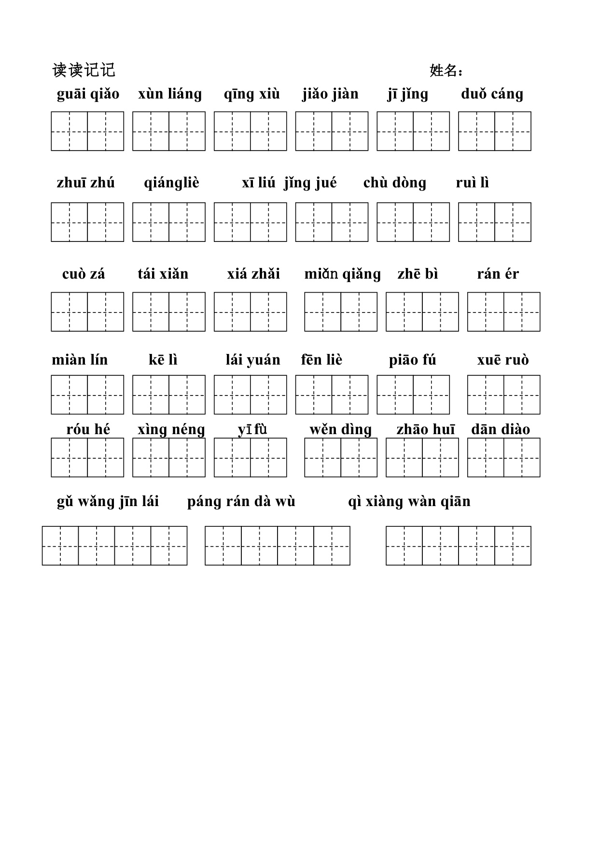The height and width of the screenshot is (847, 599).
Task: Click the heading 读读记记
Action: pos(84,71)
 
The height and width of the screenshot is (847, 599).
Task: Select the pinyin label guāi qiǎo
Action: pos(88,94)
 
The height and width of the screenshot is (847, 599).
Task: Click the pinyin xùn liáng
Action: pos(170,94)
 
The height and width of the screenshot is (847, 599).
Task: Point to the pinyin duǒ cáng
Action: pos(492,94)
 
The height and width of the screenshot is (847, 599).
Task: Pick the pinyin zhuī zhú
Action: pos(85,183)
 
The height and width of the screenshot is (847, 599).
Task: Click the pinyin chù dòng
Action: pos(395,183)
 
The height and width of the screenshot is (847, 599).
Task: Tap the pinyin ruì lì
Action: pos(472,183)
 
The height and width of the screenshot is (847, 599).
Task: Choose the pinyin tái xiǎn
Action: pos(163,274)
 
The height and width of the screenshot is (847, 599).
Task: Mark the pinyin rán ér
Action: pos(498,274)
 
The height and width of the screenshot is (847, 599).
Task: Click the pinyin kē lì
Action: pos(163,360)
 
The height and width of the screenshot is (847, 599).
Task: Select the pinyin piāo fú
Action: pos(412,360)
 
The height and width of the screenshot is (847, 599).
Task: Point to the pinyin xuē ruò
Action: pos(503,360)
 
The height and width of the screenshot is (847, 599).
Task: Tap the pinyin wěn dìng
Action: pos(340,430)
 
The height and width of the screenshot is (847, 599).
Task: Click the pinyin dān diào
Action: pos(501,430)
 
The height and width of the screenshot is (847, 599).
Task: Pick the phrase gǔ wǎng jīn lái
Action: pos(108,502)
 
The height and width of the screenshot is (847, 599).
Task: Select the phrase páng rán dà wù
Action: pos(241,502)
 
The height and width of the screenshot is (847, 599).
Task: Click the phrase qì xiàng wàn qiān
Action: pos(409,502)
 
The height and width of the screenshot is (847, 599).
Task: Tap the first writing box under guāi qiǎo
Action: pos(70,131)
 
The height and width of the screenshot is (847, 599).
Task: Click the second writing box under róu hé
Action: pos(106,457)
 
